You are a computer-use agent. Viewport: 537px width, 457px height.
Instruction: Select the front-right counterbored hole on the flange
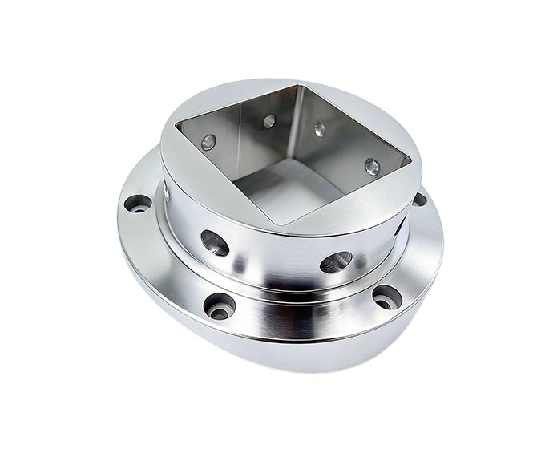click(387, 297)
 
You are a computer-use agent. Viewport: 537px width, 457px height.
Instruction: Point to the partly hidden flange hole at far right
click(418, 199)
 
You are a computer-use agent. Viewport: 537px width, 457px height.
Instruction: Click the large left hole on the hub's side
click(215, 241)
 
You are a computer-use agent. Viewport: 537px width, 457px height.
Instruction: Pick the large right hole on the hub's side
click(336, 262)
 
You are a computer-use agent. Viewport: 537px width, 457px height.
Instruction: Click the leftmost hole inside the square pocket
click(209, 143)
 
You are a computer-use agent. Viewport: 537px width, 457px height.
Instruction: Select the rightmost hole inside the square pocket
click(371, 167)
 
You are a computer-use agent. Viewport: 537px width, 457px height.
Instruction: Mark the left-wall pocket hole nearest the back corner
click(269, 121)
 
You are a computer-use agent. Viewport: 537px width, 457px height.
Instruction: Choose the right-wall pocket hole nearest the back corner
click(319, 128)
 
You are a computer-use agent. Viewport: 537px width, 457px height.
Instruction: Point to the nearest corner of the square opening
click(277, 224)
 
